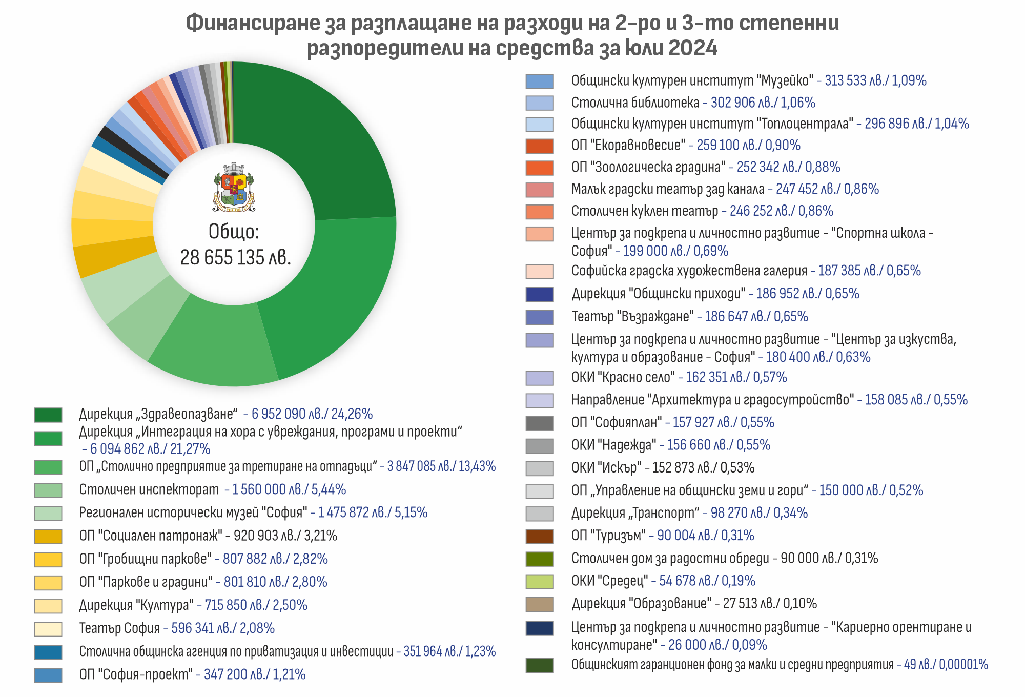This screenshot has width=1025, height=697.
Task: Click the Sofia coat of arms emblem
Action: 234,188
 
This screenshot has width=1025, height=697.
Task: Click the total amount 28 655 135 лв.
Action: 235,257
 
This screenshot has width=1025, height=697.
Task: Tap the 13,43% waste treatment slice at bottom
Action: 215,343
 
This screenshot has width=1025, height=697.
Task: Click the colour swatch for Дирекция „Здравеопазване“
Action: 48,415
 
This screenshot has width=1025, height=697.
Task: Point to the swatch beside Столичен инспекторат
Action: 48,490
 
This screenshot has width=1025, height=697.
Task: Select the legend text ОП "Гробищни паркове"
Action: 146,559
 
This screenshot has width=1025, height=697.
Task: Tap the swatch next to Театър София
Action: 48,629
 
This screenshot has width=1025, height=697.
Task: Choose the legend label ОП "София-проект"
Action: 136,674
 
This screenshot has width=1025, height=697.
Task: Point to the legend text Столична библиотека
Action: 635,102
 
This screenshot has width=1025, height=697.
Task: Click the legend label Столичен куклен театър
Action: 645,211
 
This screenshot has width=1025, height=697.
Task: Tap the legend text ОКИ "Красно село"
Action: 623,378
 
